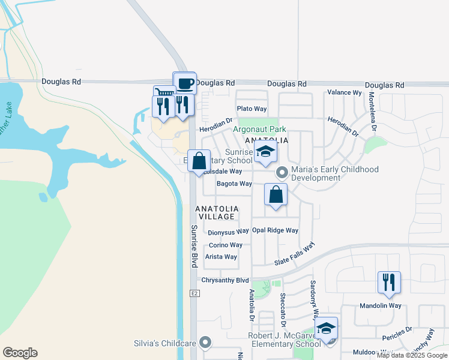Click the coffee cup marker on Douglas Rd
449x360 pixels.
click(x=185, y=83)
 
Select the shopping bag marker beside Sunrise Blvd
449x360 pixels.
click(x=199, y=161)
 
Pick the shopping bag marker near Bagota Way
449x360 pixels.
click(x=276, y=194)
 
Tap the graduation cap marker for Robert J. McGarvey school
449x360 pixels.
click(x=326, y=329)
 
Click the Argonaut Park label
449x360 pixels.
click(x=259, y=129)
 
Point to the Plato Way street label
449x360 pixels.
click(x=252, y=109)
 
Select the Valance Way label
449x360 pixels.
click(x=344, y=92)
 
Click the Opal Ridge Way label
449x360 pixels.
click(x=275, y=230)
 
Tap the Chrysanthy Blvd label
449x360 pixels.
click(x=225, y=280)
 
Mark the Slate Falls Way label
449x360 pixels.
click(x=295, y=255)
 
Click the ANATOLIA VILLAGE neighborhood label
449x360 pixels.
click(x=217, y=213)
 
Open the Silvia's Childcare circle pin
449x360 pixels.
click(x=206, y=343)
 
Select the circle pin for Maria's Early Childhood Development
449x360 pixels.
click(x=282, y=173)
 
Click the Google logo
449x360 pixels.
click(x=20, y=353)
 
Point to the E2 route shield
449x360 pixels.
click(x=194, y=293)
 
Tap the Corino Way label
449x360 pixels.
click(x=225, y=245)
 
